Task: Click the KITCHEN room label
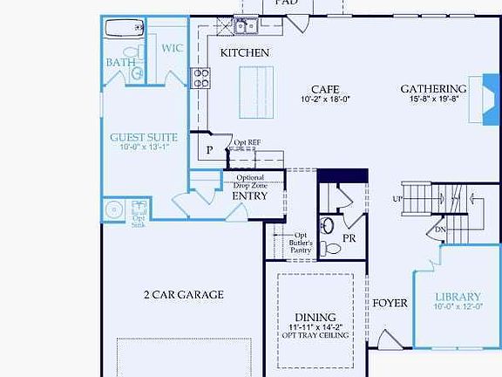pos(244,53)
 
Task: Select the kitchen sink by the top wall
pos(245,27)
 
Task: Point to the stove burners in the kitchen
pos(200,79)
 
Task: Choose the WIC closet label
pos(172,49)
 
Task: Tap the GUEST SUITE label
pos(144,138)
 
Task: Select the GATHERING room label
pos(433,89)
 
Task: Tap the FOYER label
pos(390,304)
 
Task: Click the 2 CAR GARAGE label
pos(183,295)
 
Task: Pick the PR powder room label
pos(349,237)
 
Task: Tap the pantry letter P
pos(209,150)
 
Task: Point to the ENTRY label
pos(249,195)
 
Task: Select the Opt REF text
pos(248,142)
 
